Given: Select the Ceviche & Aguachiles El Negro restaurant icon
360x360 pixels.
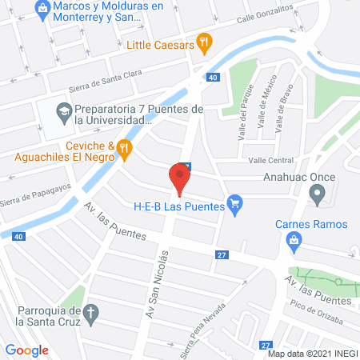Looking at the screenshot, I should coord(123,146).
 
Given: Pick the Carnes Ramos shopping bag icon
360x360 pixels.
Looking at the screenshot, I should coord(294,238).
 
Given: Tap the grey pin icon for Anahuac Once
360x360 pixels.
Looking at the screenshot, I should coord(318,193).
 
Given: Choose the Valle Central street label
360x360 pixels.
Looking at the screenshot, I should coord(272,160).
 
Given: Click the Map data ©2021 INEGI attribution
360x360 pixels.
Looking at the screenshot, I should coord(310,354).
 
